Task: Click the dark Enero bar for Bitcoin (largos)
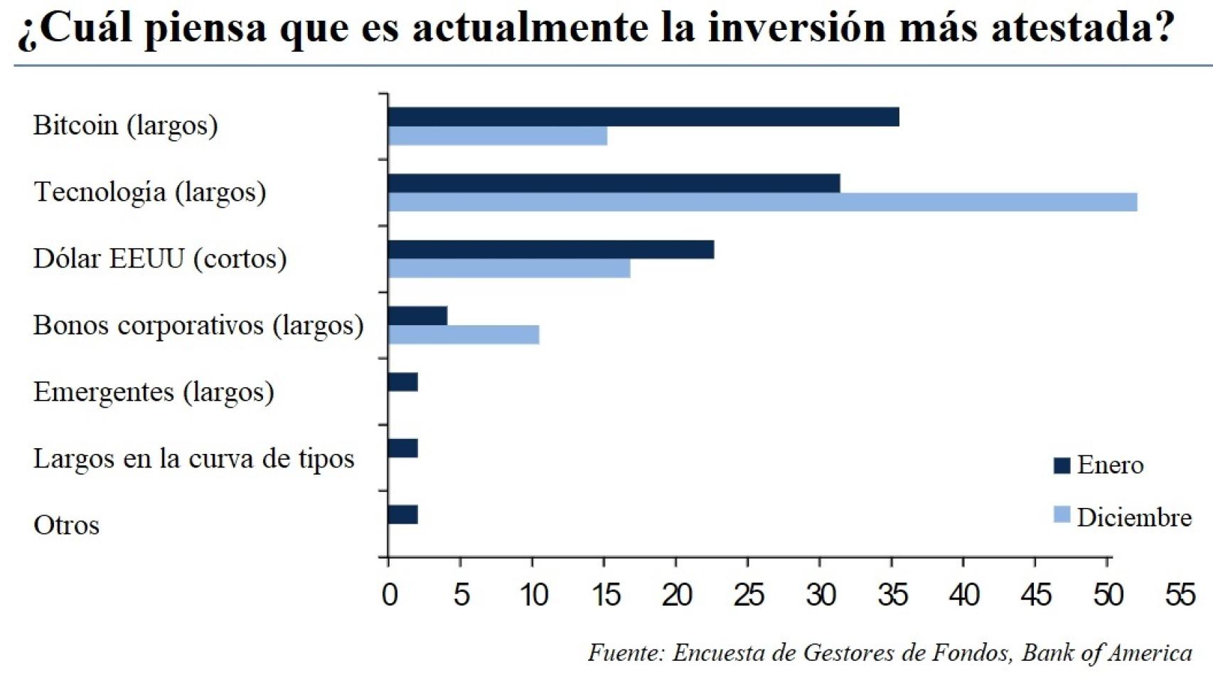[x=643, y=117]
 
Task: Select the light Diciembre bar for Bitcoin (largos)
[x=497, y=136]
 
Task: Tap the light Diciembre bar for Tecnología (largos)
[x=762, y=202]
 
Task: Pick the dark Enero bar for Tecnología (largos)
[x=614, y=183]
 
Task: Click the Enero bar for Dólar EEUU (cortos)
[x=550, y=250]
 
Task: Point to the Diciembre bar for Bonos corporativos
[x=463, y=335]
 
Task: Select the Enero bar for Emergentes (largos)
[x=402, y=383]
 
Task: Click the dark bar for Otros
[x=402, y=514]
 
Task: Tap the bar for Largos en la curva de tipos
[x=402, y=448]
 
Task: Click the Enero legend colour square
[x=1062, y=466]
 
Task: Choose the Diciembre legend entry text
[x=1133, y=517]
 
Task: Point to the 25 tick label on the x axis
[x=748, y=595]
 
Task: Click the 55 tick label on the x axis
[x=1180, y=595]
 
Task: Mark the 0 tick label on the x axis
[x=389, y=595]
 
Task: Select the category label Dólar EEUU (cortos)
[x=160, y=259]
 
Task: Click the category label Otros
[x=66, y=526]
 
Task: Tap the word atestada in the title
[x=1081, y=28]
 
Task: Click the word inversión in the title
[x=796, y=28]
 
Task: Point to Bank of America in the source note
[x=1106, y=652]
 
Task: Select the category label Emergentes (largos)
[x=154, y=392]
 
